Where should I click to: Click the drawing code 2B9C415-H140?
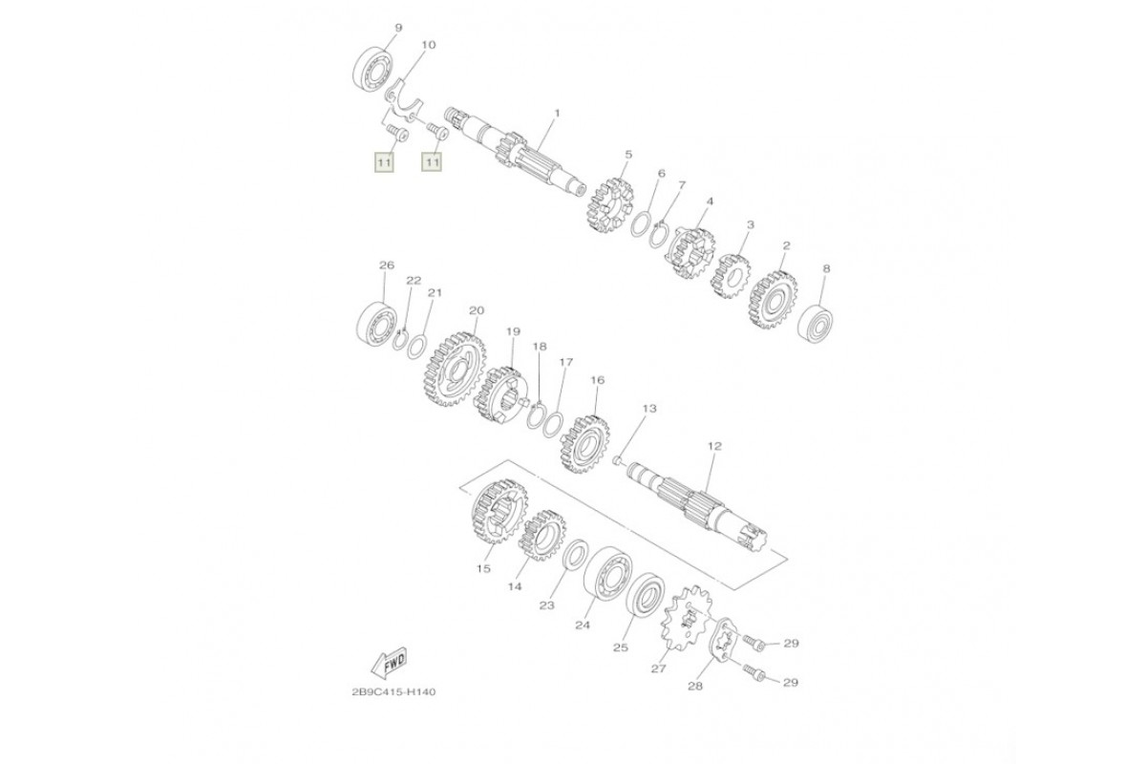tap(393, 692)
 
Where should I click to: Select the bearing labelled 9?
tap(371, 70)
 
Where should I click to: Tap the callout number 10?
tap(429, 45)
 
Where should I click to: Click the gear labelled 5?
tap(611, 204)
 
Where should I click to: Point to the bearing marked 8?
tap(816, 324)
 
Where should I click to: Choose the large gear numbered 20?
tap(455, 369)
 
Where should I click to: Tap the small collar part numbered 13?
tap(617, 461)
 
